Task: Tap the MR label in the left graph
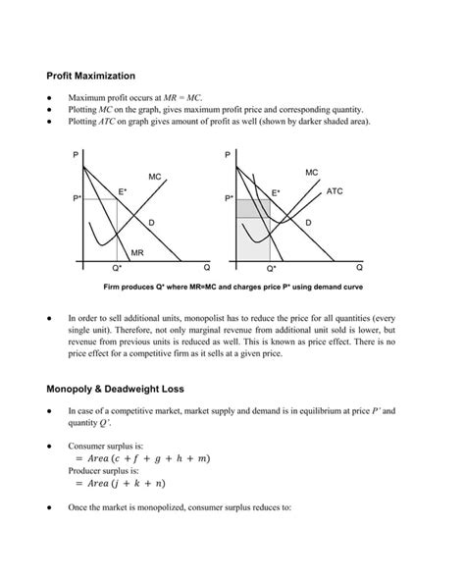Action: [137, 251]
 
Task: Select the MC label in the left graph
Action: [155, 177]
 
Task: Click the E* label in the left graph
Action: [123, 189]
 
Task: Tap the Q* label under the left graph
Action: [117, 267]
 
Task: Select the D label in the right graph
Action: [308, 224]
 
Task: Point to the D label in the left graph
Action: [151, 224]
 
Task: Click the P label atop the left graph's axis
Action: [76, 156]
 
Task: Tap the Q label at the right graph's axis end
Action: [359, 266]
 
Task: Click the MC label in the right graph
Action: [311, 172]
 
